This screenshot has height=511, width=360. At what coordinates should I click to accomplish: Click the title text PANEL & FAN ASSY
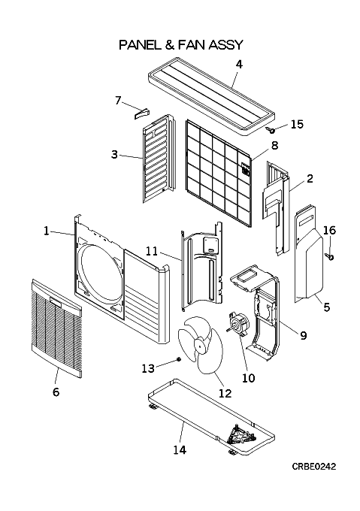pyautogui.click(x=181, y=44)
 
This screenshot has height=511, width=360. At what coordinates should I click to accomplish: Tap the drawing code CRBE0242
pyautogui.click(x=313, y=467)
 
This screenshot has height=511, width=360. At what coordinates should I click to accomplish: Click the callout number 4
pyautogui.click(x=239, y=65)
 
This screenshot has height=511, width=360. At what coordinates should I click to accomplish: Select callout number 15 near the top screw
pyautogui.click(x=297, y=124)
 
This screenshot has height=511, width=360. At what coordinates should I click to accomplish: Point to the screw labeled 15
pyautogui.click(x=271, y=130)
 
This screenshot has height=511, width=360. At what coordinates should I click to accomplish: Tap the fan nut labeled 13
pyautogui.click(x=179, y=358)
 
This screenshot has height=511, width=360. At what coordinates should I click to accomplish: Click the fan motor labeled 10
pyautogui.click(x=237, y=322)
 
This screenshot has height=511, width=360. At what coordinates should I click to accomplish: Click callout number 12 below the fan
pyautogui.click(x=225, y=393)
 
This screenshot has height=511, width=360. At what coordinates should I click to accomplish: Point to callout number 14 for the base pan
pyautogui.click(x=180, y=450)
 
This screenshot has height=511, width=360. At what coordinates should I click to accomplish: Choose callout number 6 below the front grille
pyautogui.click(x=56, y=392)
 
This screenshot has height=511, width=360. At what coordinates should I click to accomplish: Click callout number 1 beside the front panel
pyautogui.click(x=47, y=231)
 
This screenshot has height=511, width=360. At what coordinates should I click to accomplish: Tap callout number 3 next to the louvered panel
pyautogui.click(x=114, y=154)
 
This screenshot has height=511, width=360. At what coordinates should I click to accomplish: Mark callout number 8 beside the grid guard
pyautogui.click(x=274, y=145)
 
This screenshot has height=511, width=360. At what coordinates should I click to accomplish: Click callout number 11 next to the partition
pyautogui.click(x=152, y=251)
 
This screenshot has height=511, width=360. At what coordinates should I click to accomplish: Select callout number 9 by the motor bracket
pyautogui.click(x=304, y=335)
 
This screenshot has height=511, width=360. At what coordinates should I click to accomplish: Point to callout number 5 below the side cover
pyautogui.click(x=326, y=307)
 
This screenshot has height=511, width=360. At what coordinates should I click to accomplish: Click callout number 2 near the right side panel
pyautogui.click(x=310, y=179)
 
